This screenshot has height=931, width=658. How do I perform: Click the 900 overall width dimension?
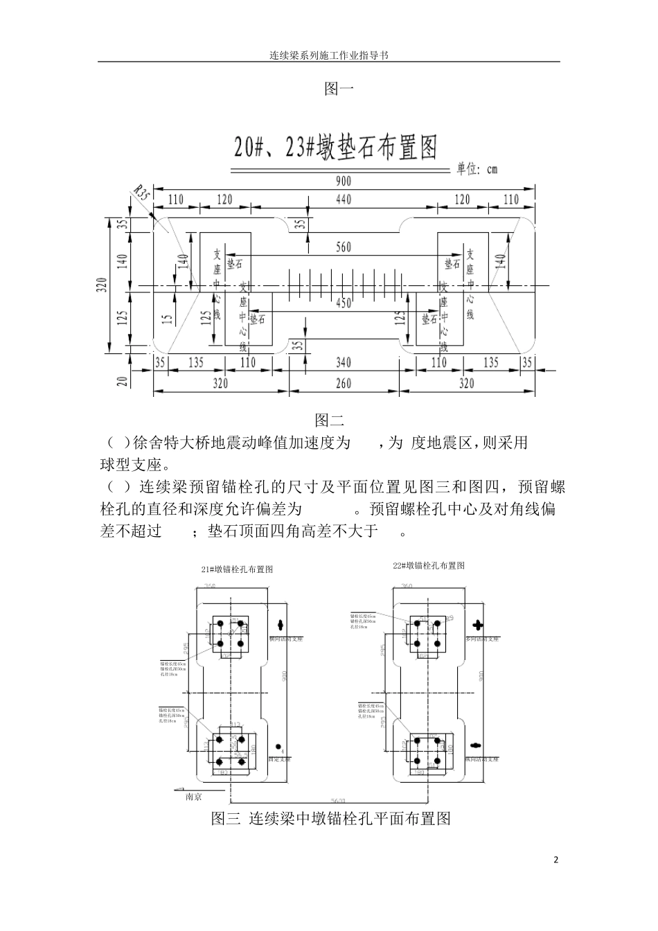(x=344, y=181)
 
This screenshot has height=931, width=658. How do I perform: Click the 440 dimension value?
(x=344, y=199)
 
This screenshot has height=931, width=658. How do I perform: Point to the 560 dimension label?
(x=344, y=247)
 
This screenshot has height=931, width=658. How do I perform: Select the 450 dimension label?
(x=344, y=303)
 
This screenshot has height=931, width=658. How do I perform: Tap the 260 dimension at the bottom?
(x=344, y=383)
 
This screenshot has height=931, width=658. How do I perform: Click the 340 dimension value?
(x=344, y=362)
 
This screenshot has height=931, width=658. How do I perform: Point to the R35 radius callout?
(x=141, y=193)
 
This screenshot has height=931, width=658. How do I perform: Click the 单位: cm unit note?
(x=477, y=168)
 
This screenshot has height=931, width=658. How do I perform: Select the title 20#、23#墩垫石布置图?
(x=336, y=147)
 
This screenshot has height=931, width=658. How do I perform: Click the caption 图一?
(x=339, y=89)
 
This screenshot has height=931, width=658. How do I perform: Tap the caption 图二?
(x=330, y=420)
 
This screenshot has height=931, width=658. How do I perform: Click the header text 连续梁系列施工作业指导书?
(x=328, y=55)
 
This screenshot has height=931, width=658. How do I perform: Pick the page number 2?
(x=555, y=860)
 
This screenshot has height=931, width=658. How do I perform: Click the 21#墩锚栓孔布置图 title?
(x=237, y=569)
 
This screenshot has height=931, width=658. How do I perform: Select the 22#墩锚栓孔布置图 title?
(x=429, y=565)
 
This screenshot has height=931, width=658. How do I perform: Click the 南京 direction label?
(x=194, y=797)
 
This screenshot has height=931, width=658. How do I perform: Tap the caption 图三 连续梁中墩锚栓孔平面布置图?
(x=331, y=819)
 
